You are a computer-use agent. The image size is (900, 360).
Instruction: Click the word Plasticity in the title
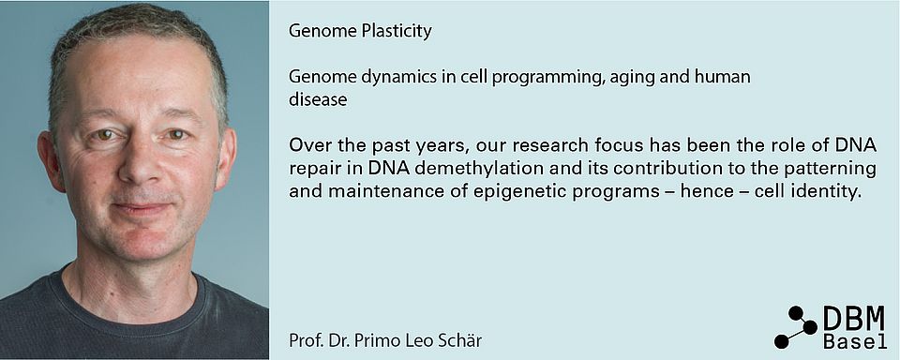pos(397,31)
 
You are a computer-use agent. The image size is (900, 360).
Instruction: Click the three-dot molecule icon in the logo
pos(796,327)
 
